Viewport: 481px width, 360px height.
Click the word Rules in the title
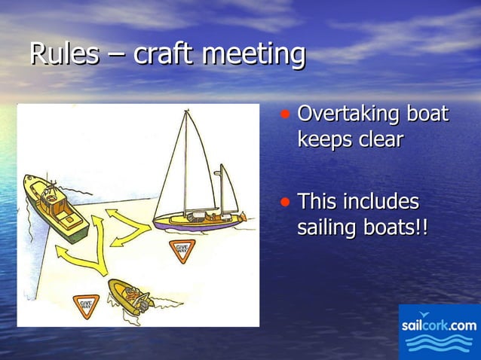(x=64, y=54)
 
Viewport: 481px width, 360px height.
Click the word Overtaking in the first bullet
(x=348, y=115)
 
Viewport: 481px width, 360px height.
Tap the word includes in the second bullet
(x=382, y=202)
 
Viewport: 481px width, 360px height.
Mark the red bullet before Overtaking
(x=285, y=115)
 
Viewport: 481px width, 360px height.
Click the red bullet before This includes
(x=285, y=203)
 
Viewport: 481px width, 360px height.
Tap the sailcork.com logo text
(x=439, y=325)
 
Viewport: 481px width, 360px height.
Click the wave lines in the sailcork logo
(x=439, y=344)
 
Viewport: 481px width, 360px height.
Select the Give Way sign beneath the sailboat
(x=182, y=249)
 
